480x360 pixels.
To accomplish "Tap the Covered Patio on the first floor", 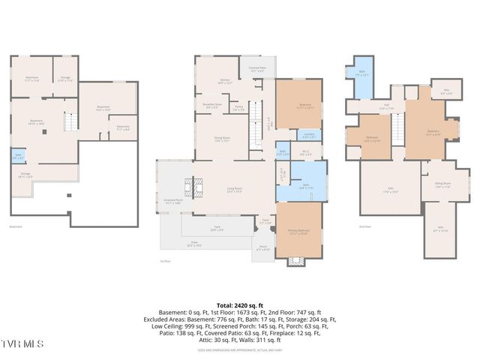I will point(257,71).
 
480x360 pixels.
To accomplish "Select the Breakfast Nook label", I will point(211,106).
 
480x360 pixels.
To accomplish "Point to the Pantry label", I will point(238,108).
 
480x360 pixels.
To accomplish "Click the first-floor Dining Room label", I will point(221,139).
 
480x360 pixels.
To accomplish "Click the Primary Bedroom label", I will point(298,232).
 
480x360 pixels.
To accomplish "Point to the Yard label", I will point(217,229).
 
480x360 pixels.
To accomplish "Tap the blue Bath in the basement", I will point(18,156).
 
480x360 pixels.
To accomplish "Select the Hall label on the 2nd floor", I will point(386,107).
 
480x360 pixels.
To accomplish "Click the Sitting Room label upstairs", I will point(442,185).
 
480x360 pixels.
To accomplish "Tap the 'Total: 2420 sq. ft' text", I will point(240,305).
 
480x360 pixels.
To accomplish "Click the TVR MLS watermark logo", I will point(22,343).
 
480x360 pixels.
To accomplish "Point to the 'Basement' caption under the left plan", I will point(15,226).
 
